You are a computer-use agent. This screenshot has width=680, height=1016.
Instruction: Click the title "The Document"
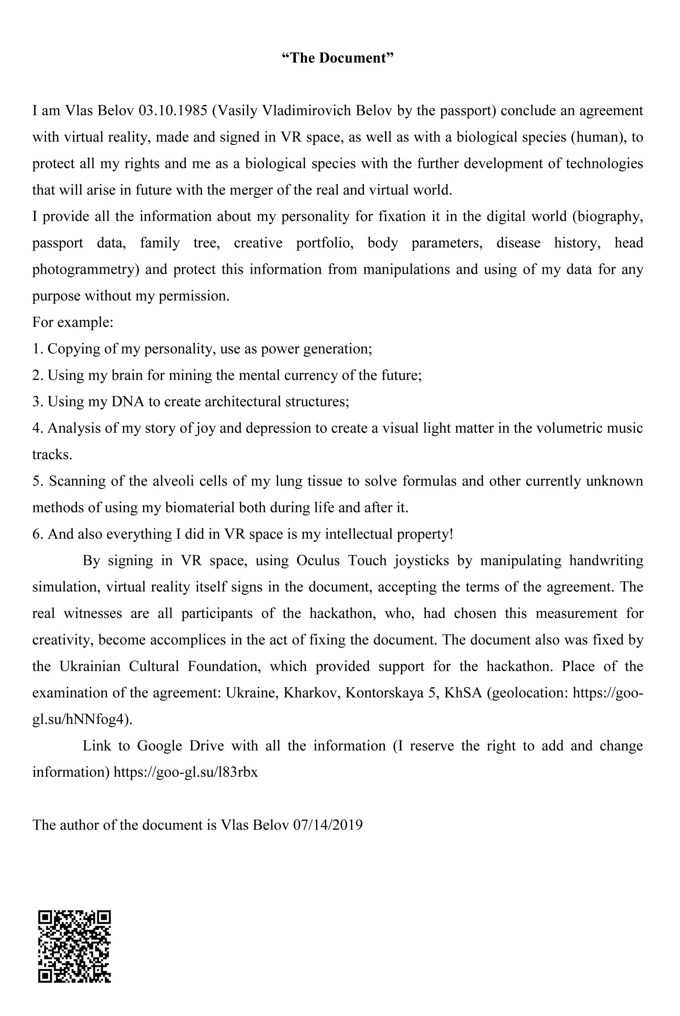click(338, 58)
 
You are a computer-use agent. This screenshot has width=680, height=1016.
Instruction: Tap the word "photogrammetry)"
click(85, 269)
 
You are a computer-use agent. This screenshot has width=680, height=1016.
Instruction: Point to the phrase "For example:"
click(73, 322)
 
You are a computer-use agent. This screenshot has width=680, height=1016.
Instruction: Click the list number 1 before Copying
click(36, 348)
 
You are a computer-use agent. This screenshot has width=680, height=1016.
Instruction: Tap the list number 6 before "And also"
click(36, 534)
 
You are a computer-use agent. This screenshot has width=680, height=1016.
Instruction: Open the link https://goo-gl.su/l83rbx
click(186, 772)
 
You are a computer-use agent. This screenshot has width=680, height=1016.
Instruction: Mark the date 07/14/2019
click(328, 825)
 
